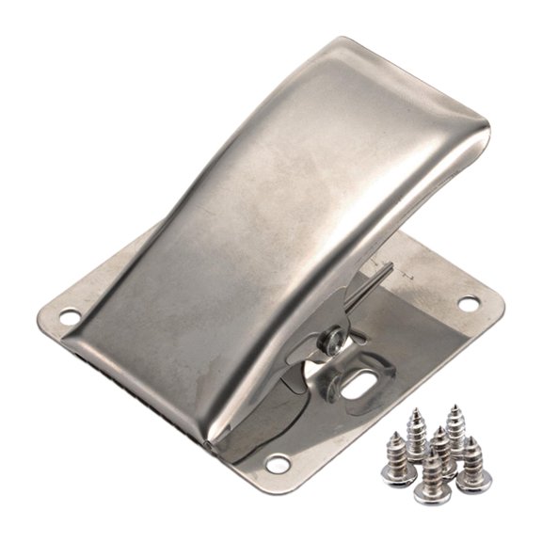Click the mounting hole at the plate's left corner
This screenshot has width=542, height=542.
pos(69,318)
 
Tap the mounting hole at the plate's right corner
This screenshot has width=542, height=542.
pos(468,303)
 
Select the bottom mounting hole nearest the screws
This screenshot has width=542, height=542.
pos(278,463)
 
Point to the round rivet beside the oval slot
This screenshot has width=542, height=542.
pos(334,338)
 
